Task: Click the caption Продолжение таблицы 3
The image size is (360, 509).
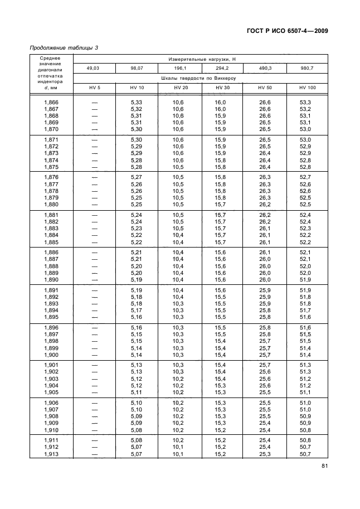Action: tap(64, 48)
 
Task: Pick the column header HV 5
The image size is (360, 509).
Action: tap(94, 88)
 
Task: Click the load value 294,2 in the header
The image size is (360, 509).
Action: tap(222, 69)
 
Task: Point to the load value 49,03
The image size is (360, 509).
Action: tap(94, 69)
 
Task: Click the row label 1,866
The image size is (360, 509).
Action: tap(51, 102)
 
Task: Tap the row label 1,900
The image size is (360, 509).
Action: tap(51, 355)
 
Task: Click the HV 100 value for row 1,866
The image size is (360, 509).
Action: tap(305, 102)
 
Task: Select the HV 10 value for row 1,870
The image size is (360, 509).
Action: tap(137, 129)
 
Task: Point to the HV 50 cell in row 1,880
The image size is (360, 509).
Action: tap(265, 204)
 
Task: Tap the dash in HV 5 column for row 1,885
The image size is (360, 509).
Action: tap(94, 242)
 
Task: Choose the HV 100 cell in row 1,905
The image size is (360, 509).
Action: tap(305, 392)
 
